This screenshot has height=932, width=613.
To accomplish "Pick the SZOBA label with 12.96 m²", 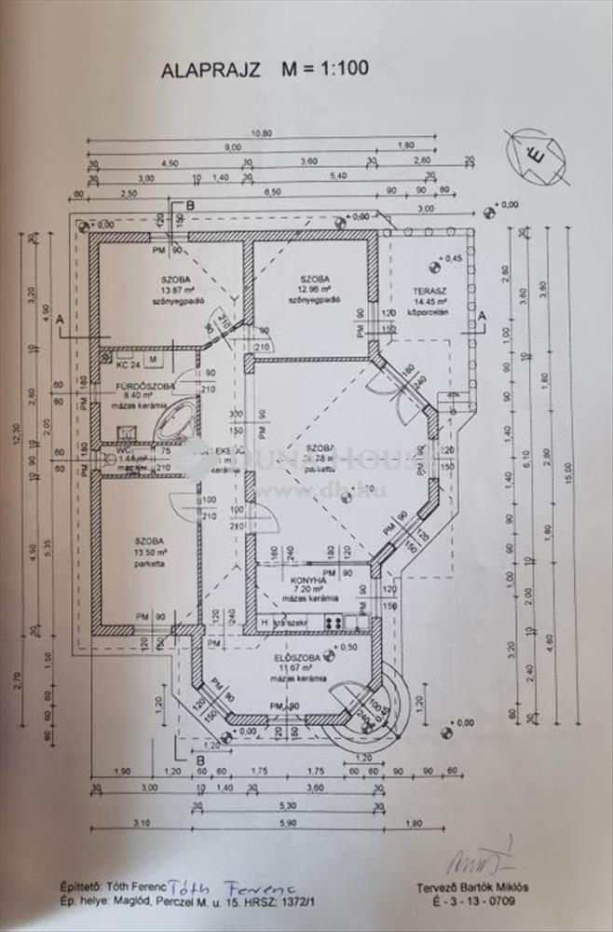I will pos(314,279).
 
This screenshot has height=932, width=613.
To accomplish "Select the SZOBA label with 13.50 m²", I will pos(149,541).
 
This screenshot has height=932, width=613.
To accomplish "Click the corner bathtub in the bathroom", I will pos(175,421).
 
